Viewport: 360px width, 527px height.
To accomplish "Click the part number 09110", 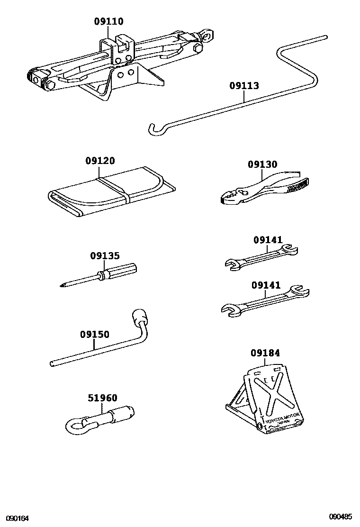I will coord(108,21).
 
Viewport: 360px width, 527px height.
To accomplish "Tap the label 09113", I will coord(244,86).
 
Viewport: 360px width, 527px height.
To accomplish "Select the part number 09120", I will coord(100,161).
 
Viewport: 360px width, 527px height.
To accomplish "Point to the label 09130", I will coord(262,164).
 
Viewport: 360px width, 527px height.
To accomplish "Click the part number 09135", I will coord(105,256).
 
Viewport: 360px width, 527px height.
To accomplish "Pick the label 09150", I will coord(94,335).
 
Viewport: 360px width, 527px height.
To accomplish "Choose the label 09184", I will coord(265,353).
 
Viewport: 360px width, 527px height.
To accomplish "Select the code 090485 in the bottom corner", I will coord(342,517).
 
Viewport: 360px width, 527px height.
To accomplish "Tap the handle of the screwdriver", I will coord(121,271).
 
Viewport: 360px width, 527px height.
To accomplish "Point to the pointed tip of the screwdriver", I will coord(63,285).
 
